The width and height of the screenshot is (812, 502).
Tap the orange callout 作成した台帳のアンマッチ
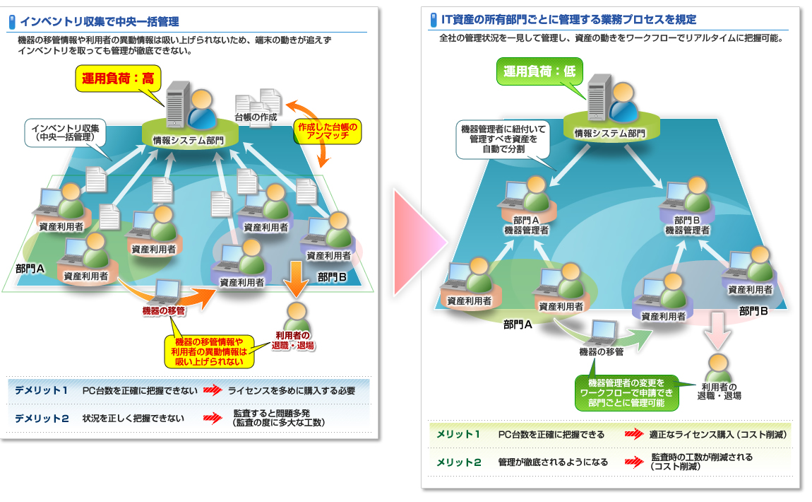click(328, 132)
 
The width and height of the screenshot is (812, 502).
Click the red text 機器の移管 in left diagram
click(163, 310)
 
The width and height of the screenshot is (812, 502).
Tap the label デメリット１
click(42, 390)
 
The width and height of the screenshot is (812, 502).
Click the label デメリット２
click(42, 418)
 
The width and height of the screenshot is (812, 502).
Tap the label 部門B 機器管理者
click(687, 225)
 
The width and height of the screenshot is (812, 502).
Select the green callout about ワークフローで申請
click(626, 393)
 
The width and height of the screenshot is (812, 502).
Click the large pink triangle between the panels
click(417, 241)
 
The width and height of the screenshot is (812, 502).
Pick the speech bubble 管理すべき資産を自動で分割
click(498, 139)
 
